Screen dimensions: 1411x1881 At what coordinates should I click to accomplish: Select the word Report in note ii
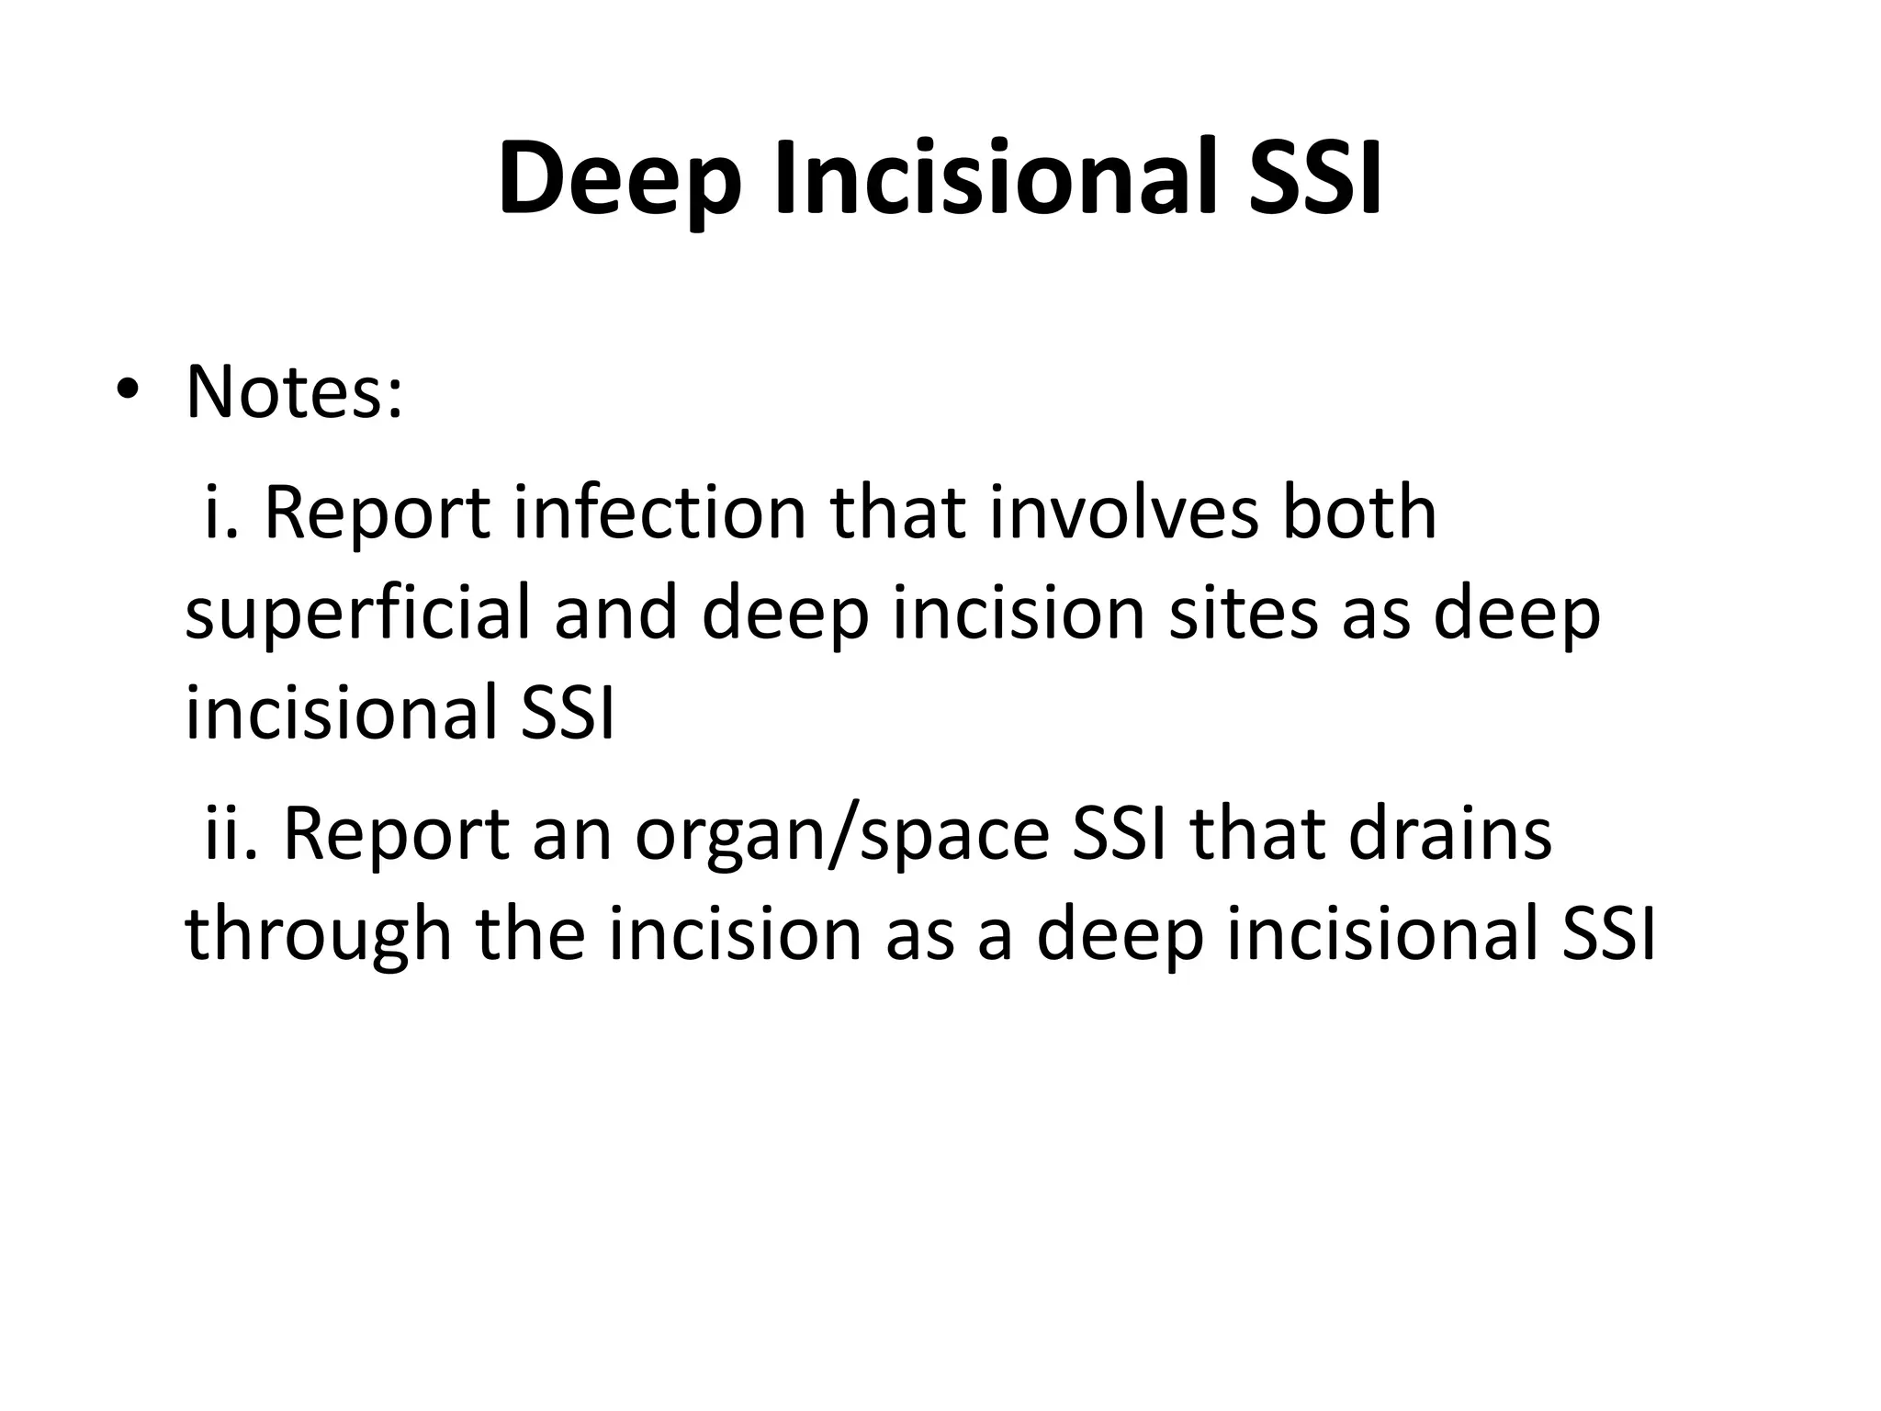[x=396, y=836]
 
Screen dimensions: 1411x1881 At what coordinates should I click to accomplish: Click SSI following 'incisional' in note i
[x=567, y=713]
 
